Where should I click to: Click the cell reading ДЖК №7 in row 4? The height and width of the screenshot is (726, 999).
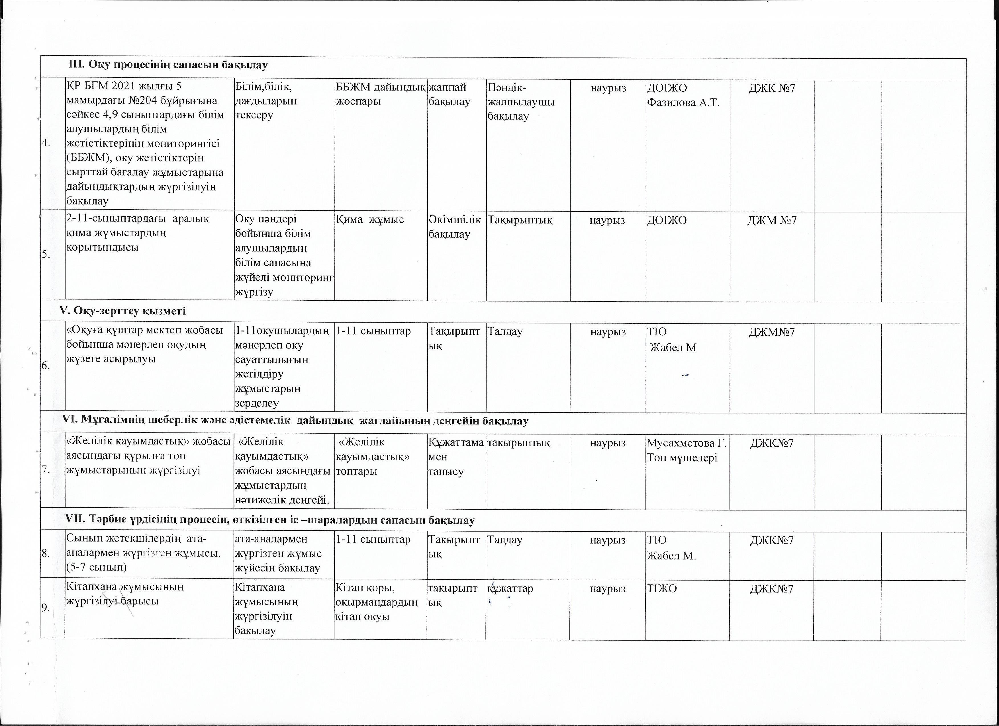coord(772,88)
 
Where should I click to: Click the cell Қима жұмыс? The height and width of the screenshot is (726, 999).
coord(370,219)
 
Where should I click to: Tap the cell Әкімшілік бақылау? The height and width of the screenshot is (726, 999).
coord(455,226)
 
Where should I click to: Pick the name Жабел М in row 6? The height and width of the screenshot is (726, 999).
coord(673,347)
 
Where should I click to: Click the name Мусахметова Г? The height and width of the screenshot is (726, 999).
coord(686,442)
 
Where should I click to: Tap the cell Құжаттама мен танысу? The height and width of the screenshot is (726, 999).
coord(455,457)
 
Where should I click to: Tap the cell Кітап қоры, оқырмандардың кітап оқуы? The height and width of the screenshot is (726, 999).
coord(377,602)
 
